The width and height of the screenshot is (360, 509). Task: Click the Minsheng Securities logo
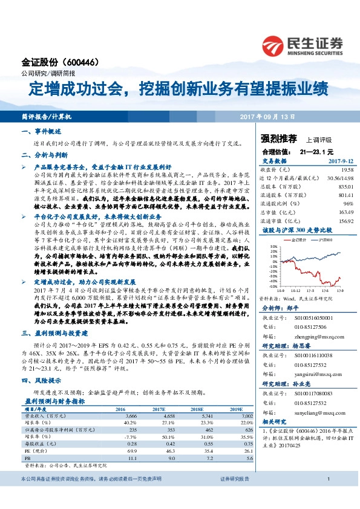point(303,43)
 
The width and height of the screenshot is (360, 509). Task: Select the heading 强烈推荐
point(278,138)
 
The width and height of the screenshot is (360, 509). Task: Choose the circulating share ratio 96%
point(347,204)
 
